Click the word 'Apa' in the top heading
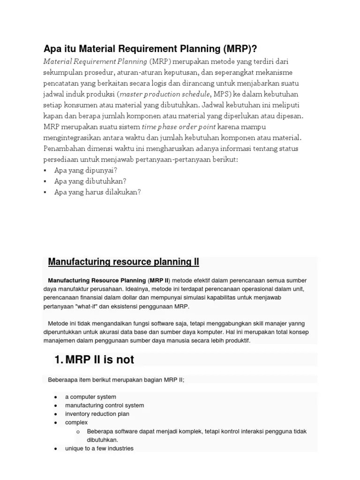tap(52, 49)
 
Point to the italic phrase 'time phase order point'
tap(179, 127)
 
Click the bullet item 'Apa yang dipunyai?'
tap(86, 170)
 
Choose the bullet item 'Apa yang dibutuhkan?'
tap(90, 181)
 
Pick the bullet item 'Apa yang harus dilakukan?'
tap(97, 192)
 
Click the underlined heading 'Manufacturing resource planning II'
tap(124, 262)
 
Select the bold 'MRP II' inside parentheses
tap(159, 280)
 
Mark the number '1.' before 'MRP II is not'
tap(59, 360)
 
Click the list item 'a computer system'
tap(90, 397)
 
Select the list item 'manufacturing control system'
tap(105, 405)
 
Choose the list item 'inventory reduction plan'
tap(97, 414)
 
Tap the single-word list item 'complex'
tap(76, 422)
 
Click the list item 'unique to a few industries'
tap(99, 449)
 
